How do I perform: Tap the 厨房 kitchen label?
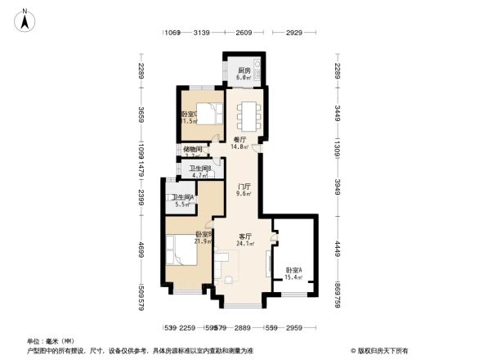tap(244, 74)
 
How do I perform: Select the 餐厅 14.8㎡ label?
tap(239, 144)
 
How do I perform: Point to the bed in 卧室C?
tap(209, 115)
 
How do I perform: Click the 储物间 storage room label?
tap(193, 152)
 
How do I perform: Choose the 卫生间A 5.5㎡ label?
tap(181, 200)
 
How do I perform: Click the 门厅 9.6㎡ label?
tap(244, 191)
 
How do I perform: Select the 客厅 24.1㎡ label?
tap(244, 240)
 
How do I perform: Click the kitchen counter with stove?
tap(257, 71)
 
